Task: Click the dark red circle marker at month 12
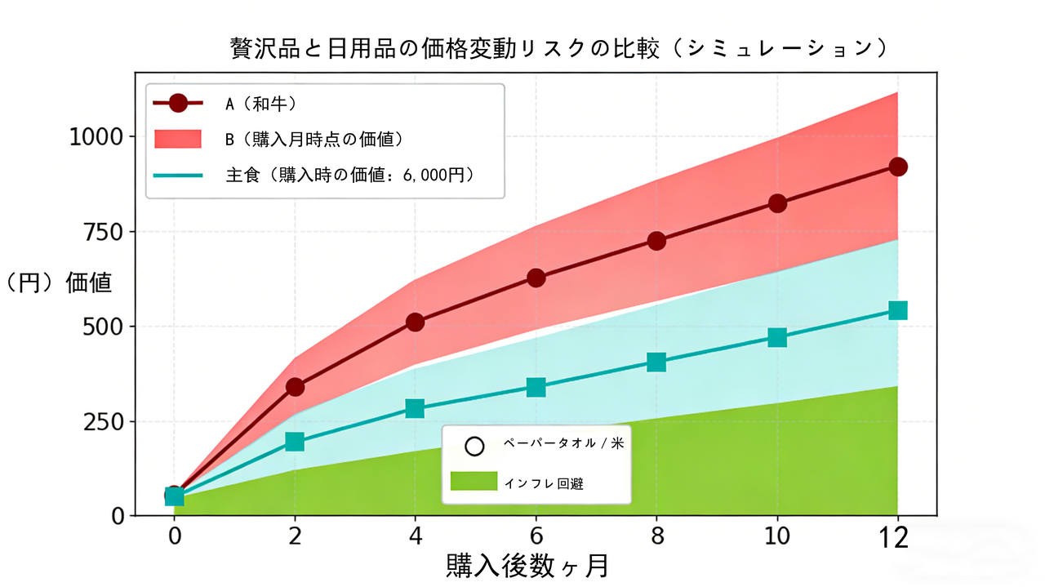[898, 167]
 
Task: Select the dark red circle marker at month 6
[536, 278]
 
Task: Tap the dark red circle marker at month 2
[295, 386]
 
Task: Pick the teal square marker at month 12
[898, 310]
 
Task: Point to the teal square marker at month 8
[656, 362]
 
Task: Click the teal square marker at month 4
[415, 408]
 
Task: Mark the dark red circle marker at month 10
[777, 203]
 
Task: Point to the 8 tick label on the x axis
[656, 536]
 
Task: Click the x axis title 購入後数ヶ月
[527, 566]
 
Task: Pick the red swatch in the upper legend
[178, 139]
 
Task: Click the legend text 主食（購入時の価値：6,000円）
[350, 174]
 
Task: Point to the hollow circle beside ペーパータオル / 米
[474, 447]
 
